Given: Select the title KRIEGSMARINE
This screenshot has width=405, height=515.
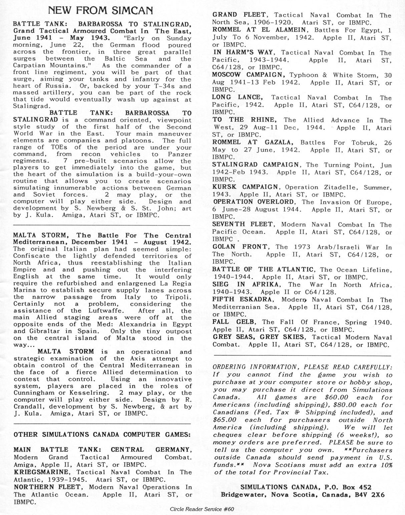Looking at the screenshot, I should point(42,472).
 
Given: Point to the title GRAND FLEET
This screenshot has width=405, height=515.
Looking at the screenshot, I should point(239,15).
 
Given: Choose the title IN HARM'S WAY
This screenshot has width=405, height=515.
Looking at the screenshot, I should point(243,53).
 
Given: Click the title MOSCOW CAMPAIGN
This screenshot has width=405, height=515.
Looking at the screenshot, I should point(248,75).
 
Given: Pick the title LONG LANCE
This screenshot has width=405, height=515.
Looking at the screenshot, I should point(238,97).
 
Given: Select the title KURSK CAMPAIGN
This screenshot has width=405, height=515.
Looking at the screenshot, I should point(245,187).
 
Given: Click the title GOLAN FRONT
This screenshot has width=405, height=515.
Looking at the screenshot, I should point(240,247).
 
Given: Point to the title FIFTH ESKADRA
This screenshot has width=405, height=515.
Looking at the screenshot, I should point(242,299).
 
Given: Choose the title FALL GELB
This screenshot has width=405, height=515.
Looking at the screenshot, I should point(234,322).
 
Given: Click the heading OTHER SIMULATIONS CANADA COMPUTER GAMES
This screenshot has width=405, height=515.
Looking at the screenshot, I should point(102,434).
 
